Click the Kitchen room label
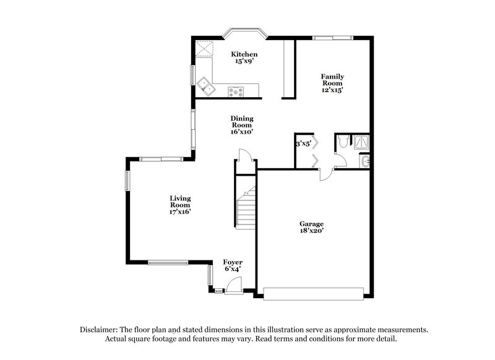(244, 54)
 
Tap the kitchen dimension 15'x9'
(244, 62)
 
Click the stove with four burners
(236, 92)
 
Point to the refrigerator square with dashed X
(204, 48)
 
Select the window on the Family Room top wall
(332, 38)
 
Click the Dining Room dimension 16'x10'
(242, 131)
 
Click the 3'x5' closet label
(303, 144)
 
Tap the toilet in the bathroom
(343, 143)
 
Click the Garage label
(312, 224)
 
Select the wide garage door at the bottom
(313, 293)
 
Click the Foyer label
(233, 262)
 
